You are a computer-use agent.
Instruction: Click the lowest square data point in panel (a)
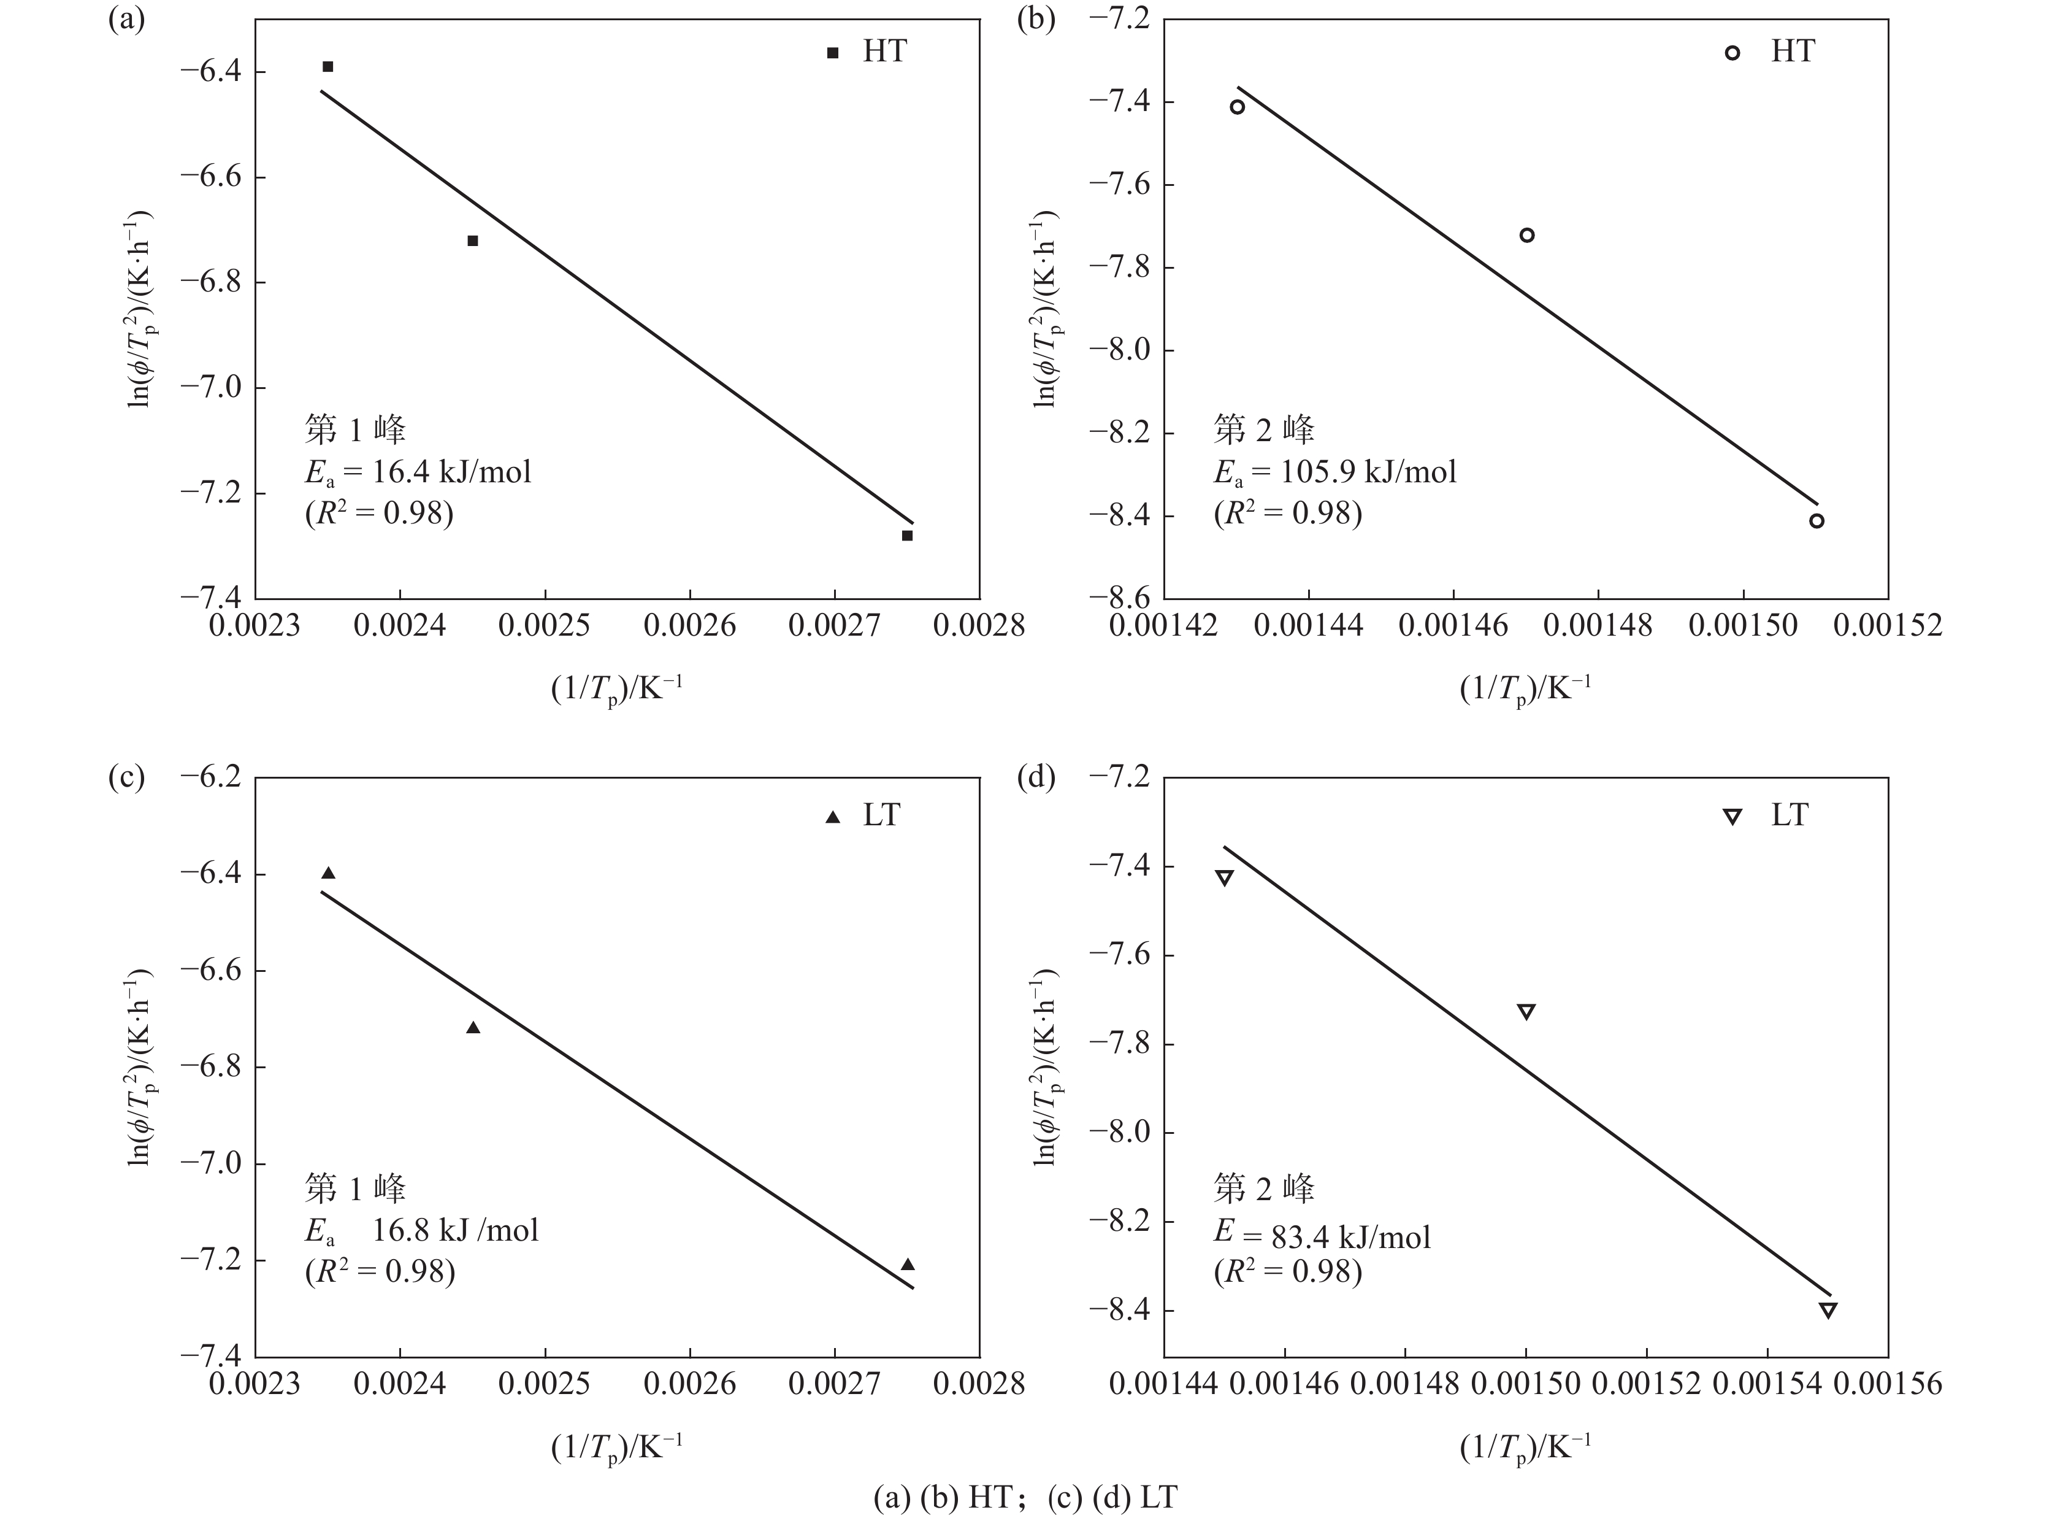click(906, 536)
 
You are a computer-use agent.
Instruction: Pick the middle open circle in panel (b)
click(1526, 235)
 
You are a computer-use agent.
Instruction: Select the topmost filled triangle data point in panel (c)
click(328, 873)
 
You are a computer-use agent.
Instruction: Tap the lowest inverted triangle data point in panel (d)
click(1828, 1311)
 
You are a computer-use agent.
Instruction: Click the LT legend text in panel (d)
click(1790, 815)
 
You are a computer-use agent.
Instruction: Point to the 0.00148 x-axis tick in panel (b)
click(1598, 626)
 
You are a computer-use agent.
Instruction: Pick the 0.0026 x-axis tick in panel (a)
click(690, 626)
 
